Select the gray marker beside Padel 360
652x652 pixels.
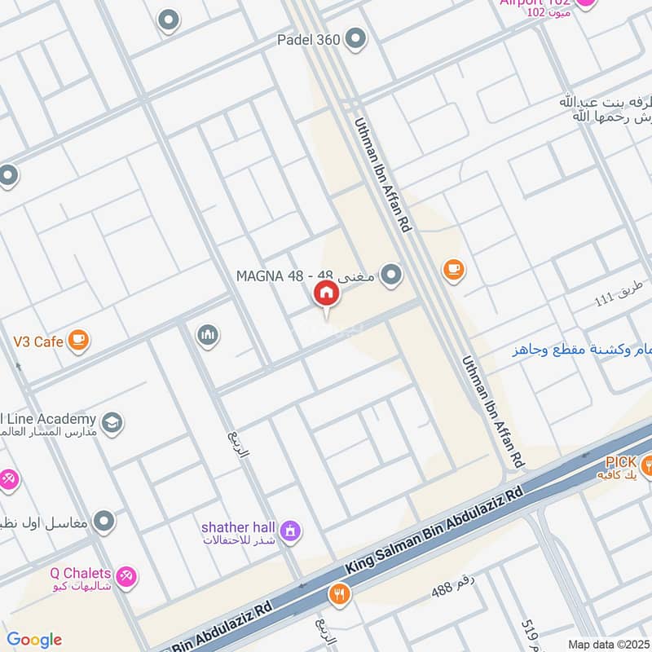pos(355,37)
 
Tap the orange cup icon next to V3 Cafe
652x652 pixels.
pos(78,340)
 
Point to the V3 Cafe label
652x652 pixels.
pos(37,341)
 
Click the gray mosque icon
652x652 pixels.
pos(208,335)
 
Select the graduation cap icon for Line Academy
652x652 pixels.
pos(112,423)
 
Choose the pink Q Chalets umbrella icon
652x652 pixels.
pos(126,577)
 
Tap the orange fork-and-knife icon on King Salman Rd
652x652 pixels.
pos(339,595)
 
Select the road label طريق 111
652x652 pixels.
pos(619,293)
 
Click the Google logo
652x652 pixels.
pos(33,640)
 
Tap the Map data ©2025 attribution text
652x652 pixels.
pos(607,644)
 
